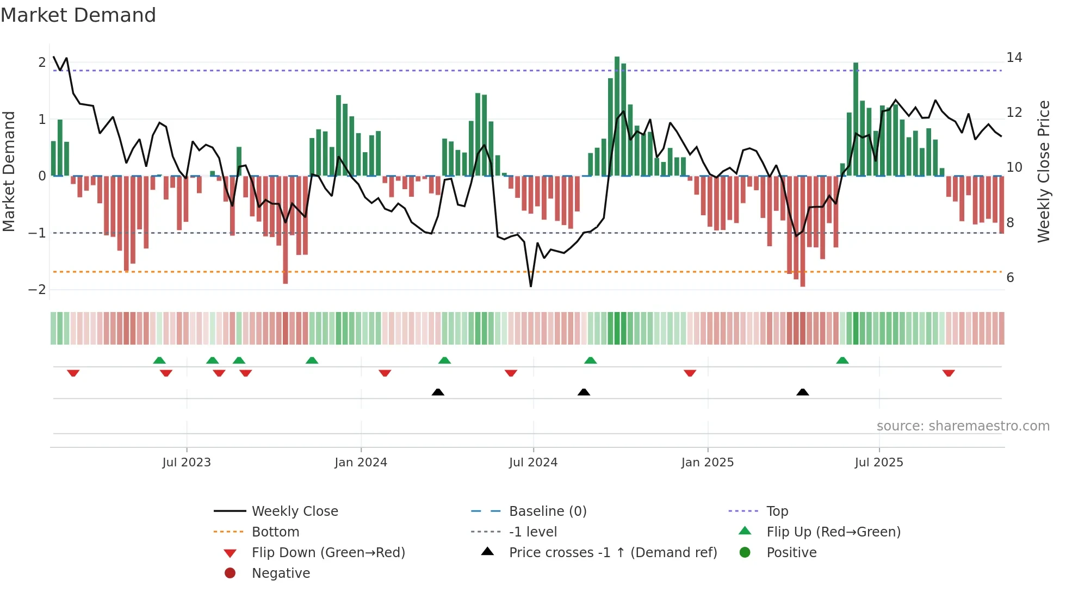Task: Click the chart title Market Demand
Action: point(78,15)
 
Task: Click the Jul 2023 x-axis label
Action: point(186,463)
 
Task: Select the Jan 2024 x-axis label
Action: point(361,463)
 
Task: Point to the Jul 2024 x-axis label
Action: point(533,463)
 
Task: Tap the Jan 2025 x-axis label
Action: point(707,463)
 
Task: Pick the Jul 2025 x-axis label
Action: point(878,463)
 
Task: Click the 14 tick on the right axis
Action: point(1014,58)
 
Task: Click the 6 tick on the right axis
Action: point(1010,278)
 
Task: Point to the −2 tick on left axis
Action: point(37,290)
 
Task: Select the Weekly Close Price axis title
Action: point(1043,171)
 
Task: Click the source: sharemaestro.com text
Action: point(963,426)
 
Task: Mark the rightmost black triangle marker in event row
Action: point(802,392)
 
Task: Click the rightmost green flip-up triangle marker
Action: point(842,360)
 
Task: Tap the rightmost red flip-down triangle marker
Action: point(949,373)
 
